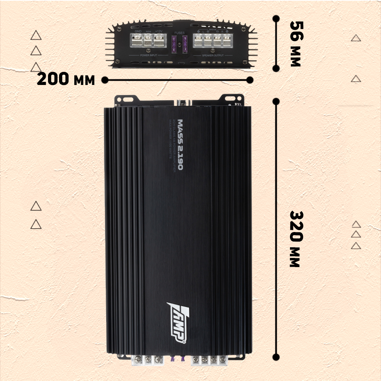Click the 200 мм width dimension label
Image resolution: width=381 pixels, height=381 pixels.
(x=66, y=79)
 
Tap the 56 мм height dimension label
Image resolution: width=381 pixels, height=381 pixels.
(x=295, y=43)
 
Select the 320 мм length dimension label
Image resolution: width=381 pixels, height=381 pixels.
(x=295, y=239)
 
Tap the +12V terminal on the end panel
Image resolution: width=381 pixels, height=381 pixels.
(x=158, y=40)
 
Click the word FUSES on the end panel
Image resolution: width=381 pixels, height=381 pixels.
(x=179, y=33)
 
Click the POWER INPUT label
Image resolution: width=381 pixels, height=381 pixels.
(x=149, y=55)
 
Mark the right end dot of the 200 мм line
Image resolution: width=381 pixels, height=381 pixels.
(x=250, y=80)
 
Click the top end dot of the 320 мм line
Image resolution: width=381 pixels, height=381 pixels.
(x=276, y=101)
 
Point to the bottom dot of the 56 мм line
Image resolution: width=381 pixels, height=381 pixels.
(x=276, y=68)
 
